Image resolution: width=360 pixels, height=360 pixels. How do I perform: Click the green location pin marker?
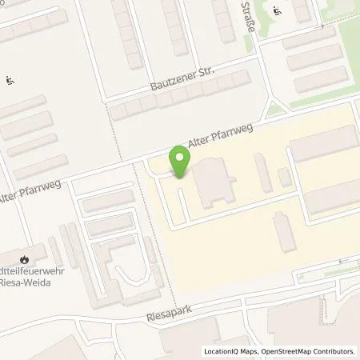(180, 162)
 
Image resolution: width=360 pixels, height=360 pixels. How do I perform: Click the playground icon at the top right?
(278, 11)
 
